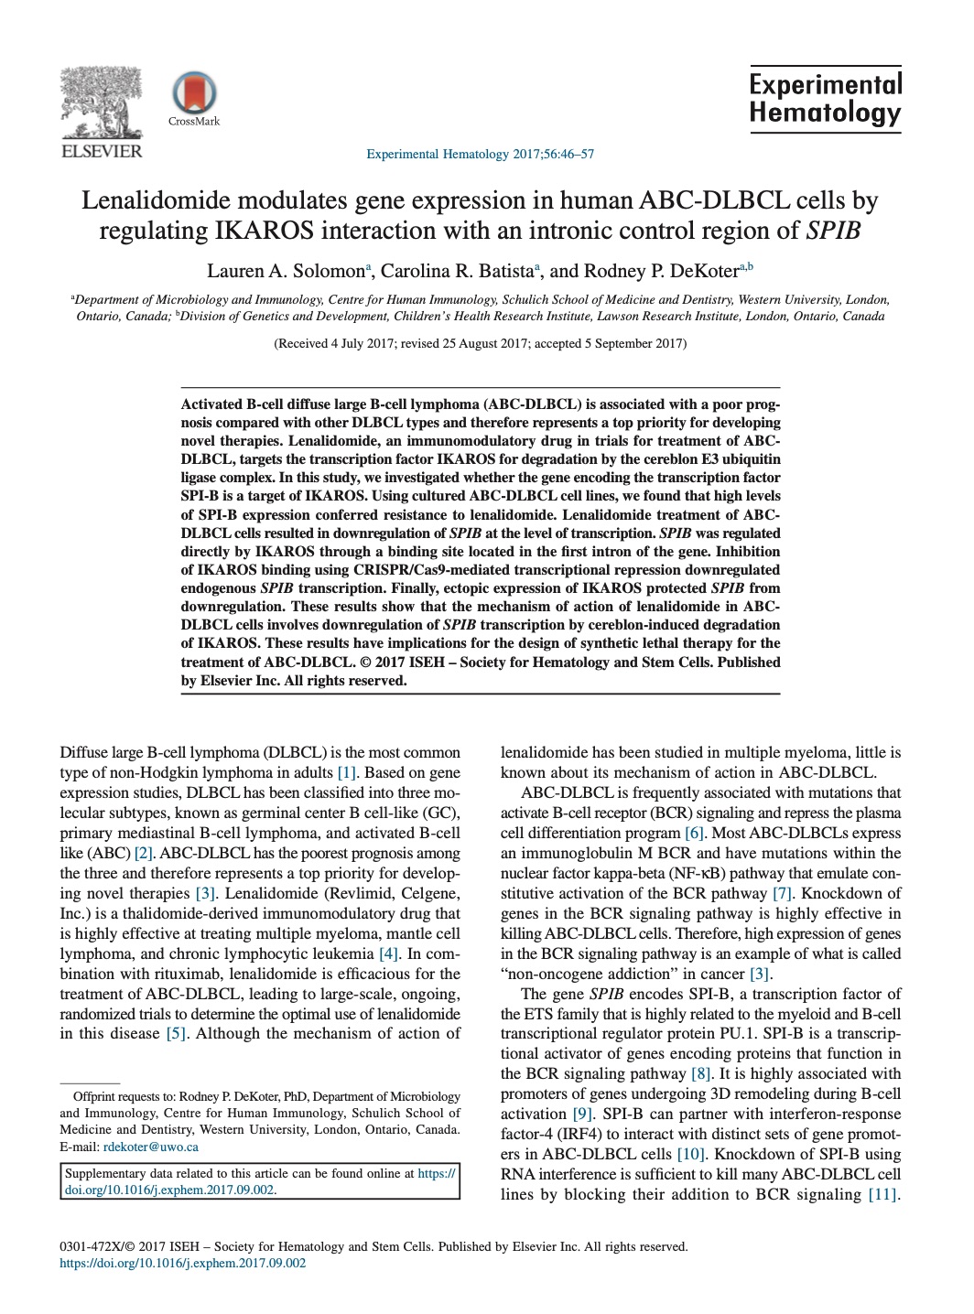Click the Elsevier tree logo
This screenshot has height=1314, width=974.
pyautogui.click(x=101, y=102)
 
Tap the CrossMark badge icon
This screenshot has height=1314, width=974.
pyautogui.click(x=194, y=93)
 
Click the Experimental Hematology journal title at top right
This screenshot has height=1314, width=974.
pyautogui.click(x=825, y=99)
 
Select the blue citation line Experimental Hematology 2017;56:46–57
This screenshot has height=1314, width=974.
pyautogui.click(x=480, y=154)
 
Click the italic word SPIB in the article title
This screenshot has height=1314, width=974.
pyautogui.click(x=833, y=231)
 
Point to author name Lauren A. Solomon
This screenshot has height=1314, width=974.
pyautogui.click(x=286, y=271)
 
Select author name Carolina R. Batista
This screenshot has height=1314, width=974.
pyautogui.click(x=457, y=271)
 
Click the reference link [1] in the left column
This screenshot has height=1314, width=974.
pyautogui.click(x=347, y=773)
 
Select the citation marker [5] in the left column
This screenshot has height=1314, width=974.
pyautogui.click(x=176, y=1034)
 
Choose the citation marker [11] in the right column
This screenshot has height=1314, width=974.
pyautogui.click(x=882, y=1195)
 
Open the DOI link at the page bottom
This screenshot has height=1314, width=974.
pyautogui.click(x=182, y=1264)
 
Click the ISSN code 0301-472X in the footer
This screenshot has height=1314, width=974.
pyautogui.click(x=91, y=1246)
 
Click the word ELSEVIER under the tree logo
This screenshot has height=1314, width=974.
pyautogui.click(x=101, y=152)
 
